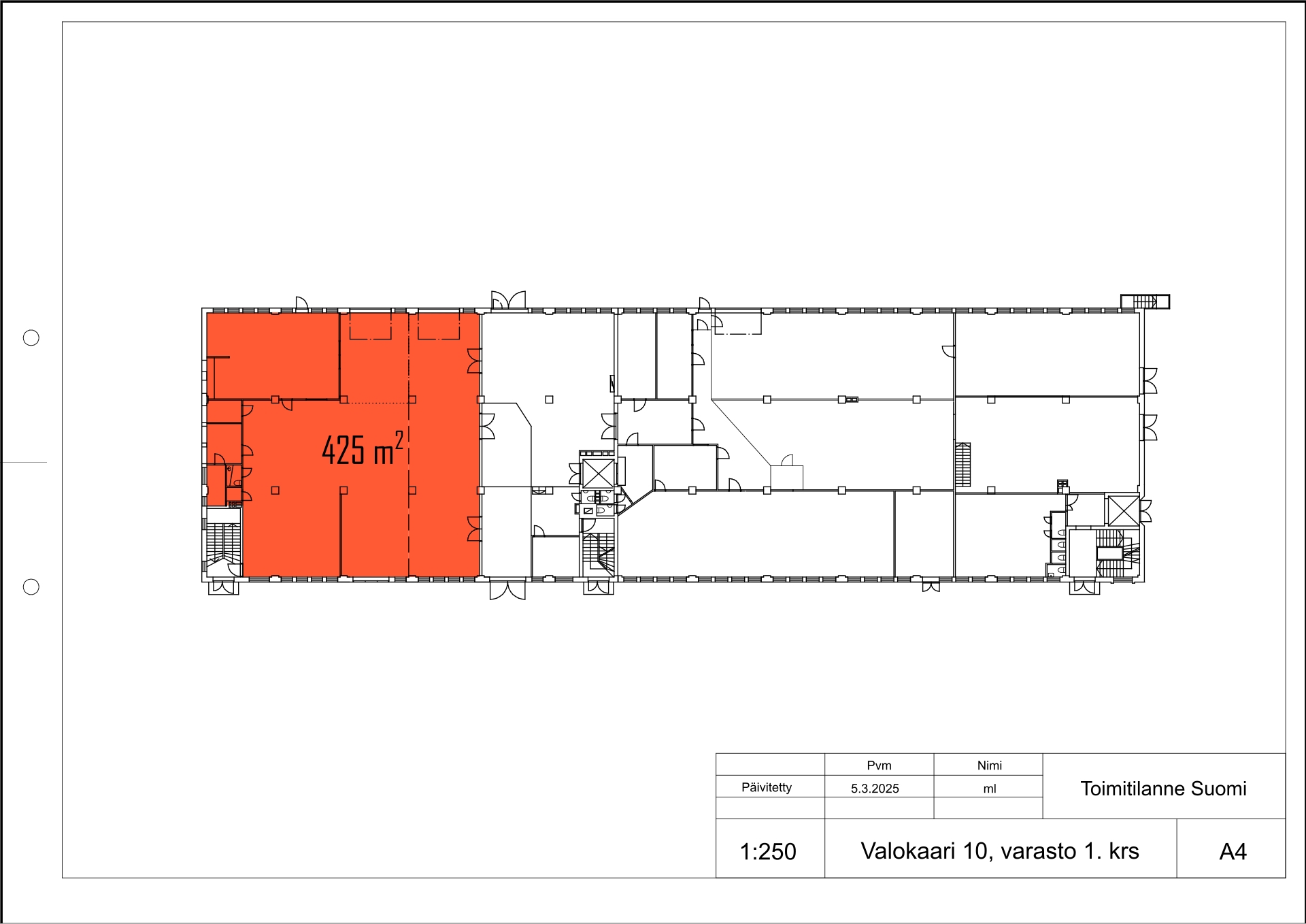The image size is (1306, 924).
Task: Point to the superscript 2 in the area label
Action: tap(399, 440)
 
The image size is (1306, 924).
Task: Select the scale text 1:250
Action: tap(768, 852)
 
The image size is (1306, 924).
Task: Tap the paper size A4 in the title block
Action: tap(1233, 852)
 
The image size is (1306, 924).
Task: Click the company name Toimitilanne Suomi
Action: tap(1163, 789)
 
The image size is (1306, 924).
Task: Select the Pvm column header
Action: tap(879, 765)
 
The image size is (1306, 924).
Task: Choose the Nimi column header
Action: tap(990, 765)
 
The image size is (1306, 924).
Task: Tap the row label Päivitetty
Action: tap(767, 787)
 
